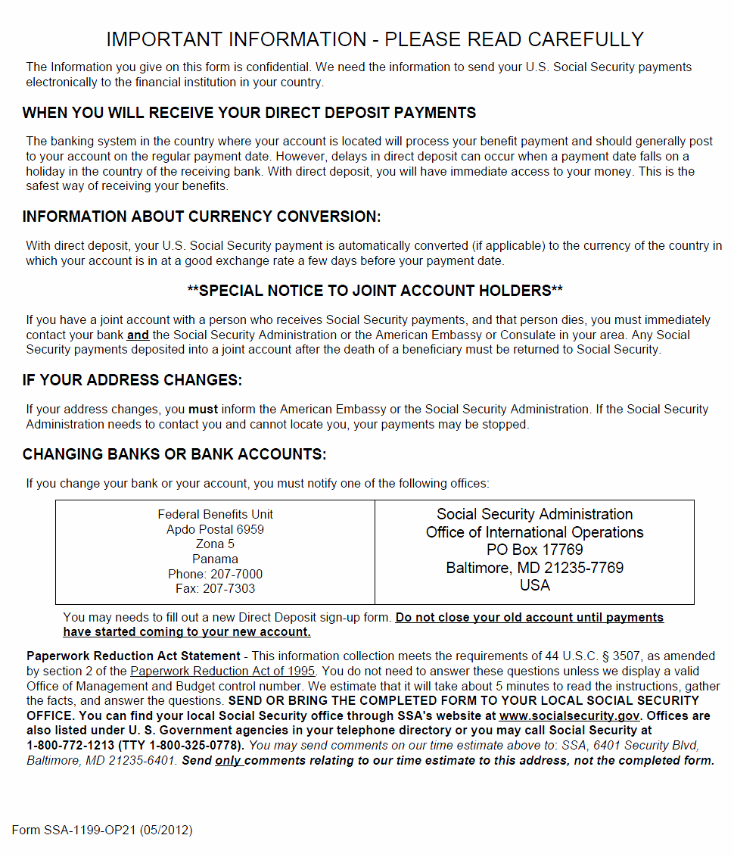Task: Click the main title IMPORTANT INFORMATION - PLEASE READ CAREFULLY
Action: coord(375,39)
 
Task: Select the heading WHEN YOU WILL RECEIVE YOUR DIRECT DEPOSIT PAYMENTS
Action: coord(249,114)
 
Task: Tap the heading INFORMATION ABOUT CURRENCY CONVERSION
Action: coord(201,217)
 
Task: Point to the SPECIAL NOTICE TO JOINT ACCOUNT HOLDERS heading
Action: coord(375,291)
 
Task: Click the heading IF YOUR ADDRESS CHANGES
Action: coord(132,380)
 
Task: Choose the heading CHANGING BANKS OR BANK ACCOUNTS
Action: coord(174,455)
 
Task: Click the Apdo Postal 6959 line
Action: coord(215,529)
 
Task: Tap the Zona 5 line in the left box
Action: coord(215,544)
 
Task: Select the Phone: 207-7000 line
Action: coord(215,574)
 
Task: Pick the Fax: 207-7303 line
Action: coord(215,589)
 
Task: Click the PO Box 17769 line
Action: coord(534,550)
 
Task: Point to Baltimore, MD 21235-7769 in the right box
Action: coord(534,568)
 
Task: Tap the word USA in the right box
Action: coord(534,585)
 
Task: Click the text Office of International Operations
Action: coord(534,532)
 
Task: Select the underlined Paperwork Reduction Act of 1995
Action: coord(222,671)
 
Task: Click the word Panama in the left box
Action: coord(215,559)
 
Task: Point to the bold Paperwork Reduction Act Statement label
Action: coord(133,656)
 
